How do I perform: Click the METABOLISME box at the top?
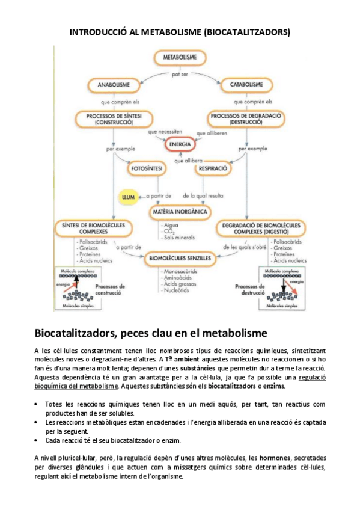[178, 57]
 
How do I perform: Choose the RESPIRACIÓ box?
[211, 169]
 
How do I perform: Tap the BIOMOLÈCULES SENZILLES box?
[180, 259]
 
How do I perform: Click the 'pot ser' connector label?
[180, 74]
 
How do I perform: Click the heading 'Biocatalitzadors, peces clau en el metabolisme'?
[151, 333]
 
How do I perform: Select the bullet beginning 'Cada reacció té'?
[109, 440]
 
